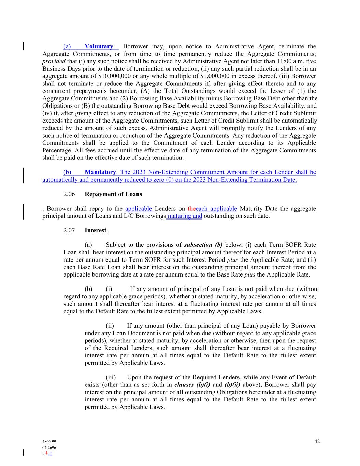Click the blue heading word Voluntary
[99, 46]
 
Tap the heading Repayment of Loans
[113, 194]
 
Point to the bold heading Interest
[96, 230]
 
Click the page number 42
[317, 441]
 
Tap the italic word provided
[54, 61]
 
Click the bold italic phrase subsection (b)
[203, 245]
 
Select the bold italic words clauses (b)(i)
[192, 385]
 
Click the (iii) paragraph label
[111, 377]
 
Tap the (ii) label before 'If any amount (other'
[110, 326]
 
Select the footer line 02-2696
[49, 448]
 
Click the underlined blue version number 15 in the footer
[50, 453]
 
